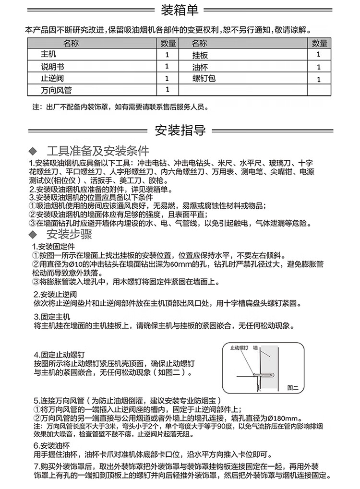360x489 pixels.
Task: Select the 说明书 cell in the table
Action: click(52, 66)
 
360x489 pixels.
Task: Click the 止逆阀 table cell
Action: click(52, 78)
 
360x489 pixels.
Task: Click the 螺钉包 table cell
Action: click(204, 78)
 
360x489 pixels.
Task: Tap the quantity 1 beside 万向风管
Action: click(167, 89)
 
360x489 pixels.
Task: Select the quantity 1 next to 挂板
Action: click(318, 55)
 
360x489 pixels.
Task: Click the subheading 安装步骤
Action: click(69, 235)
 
